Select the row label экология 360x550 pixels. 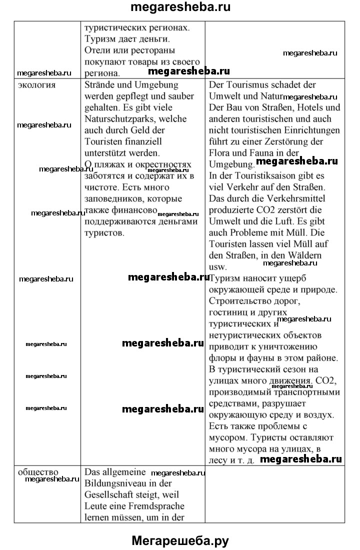(37, 84)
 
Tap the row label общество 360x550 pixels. (38, 471)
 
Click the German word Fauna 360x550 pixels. (253, 153)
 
